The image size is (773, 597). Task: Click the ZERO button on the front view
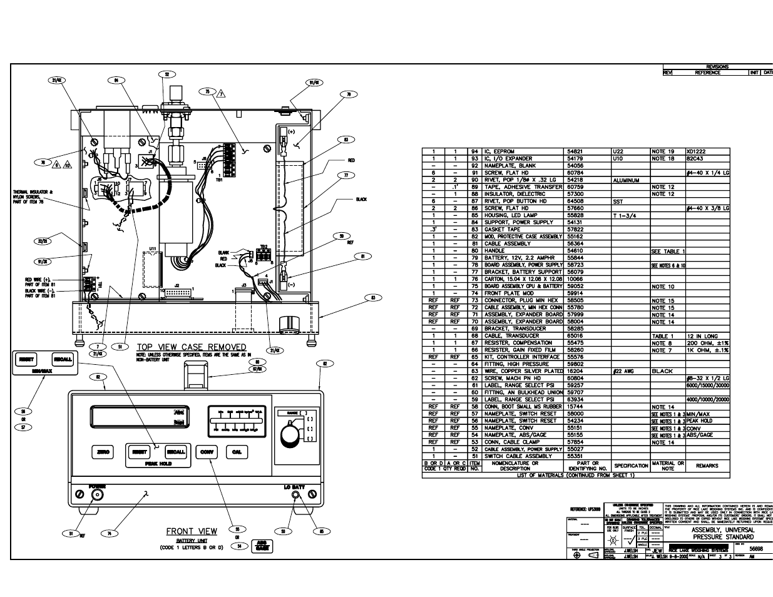(102, 452)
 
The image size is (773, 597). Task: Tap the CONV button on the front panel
(207, 452)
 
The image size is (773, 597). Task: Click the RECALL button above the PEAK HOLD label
(176, 452)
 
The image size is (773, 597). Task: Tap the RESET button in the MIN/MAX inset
(26, 360)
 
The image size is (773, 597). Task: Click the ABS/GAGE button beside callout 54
(261, 546)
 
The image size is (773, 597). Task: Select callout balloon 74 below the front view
(109, 534)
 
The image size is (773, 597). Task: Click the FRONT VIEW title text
(192, 531)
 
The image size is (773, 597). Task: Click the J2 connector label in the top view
(177, 285)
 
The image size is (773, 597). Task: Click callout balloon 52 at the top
(166, 74)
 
